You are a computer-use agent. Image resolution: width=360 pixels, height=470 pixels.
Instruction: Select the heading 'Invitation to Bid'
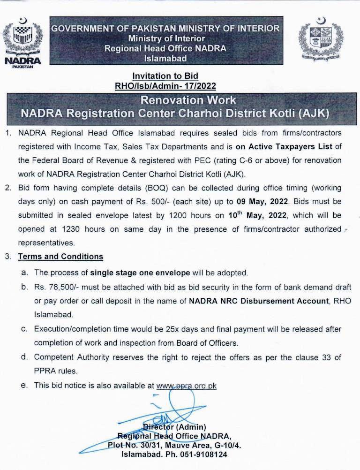tap(165, 76)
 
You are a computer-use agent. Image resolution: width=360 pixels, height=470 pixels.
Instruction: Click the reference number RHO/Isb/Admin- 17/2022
tap(165, 86)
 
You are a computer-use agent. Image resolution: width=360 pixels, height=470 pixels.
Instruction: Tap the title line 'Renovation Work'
tap(188, 100)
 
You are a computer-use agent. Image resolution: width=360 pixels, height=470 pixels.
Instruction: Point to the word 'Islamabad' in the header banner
tap(165, 59)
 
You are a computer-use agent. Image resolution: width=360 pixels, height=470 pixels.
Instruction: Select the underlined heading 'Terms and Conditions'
tap(60, 257)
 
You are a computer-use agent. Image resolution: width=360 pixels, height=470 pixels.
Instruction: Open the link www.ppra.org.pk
tap(186, 386)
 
